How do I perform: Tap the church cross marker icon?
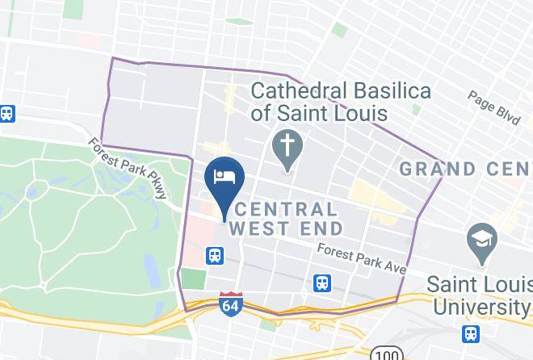tap(287, 149)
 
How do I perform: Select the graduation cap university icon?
tap(482, 242)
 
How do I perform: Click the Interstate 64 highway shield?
tap(230, 304)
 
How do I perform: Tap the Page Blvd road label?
tap(493, 107)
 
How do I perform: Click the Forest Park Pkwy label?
tap(128, 167)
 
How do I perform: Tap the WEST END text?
tap(286, 228)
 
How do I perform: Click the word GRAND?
tap(439, 170)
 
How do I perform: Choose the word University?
tap(480, 307)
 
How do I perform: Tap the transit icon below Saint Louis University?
tap(471, 333)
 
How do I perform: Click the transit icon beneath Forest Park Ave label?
tap(322, 283)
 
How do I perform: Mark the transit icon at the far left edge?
tap(7, 114)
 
